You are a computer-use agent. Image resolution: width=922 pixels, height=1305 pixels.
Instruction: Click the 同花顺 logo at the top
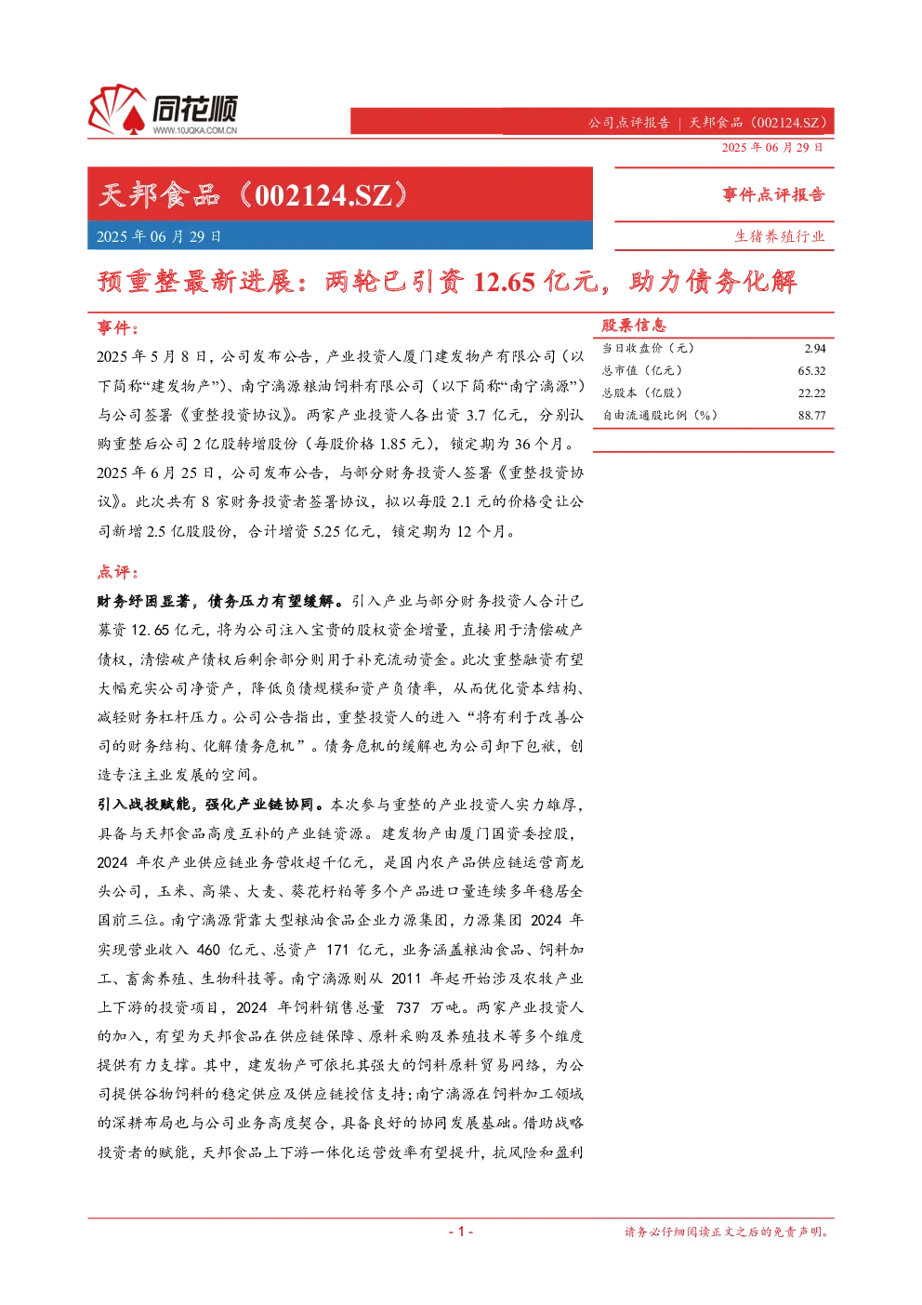(163, 110)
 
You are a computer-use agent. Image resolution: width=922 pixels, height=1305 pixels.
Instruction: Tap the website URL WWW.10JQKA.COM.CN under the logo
(195, 130)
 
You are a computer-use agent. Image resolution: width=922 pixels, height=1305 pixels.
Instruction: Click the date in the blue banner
(159, 236)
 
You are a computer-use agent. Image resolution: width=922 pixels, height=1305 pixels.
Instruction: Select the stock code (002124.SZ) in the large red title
(323, 195)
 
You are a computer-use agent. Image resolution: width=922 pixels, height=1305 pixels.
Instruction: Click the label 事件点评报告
(773, 194)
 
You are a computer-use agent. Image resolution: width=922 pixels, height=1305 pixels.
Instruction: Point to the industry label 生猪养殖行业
(780, 236)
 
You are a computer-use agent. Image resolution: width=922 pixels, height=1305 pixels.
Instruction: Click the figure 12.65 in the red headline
(504, 282)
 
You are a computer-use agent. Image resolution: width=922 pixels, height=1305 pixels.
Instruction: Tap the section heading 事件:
(118, 328)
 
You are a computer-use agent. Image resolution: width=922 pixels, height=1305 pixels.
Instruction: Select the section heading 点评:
(118, 572)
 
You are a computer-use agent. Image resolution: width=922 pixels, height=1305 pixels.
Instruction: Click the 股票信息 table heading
(634, 325)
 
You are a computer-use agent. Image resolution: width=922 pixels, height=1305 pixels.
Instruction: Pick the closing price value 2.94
(815, 349)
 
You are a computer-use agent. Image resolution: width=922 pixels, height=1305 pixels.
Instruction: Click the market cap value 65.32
(812, 370)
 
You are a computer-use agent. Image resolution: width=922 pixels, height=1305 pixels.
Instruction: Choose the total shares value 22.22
(812, 393)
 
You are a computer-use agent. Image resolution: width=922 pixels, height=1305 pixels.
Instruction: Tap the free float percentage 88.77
(812, 416)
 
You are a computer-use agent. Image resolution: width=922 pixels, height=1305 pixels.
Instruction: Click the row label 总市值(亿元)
(642, 370)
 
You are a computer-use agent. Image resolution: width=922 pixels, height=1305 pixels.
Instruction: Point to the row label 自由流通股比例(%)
(660, 416)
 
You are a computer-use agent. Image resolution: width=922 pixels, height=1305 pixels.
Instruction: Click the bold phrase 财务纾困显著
(144, 601)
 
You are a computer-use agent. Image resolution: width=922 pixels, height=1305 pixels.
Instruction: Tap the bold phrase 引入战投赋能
(144, 805)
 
